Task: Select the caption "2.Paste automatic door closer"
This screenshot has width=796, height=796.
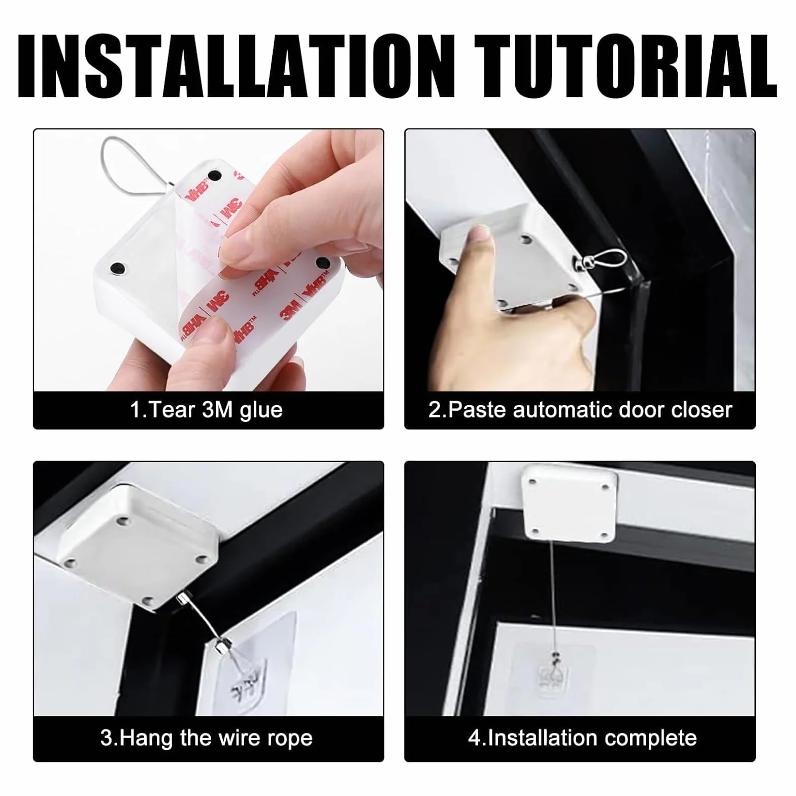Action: coord(580,410)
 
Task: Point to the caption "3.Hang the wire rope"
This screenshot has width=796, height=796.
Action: coord(206,738)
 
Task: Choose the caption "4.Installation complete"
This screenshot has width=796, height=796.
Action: coord(582,738)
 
